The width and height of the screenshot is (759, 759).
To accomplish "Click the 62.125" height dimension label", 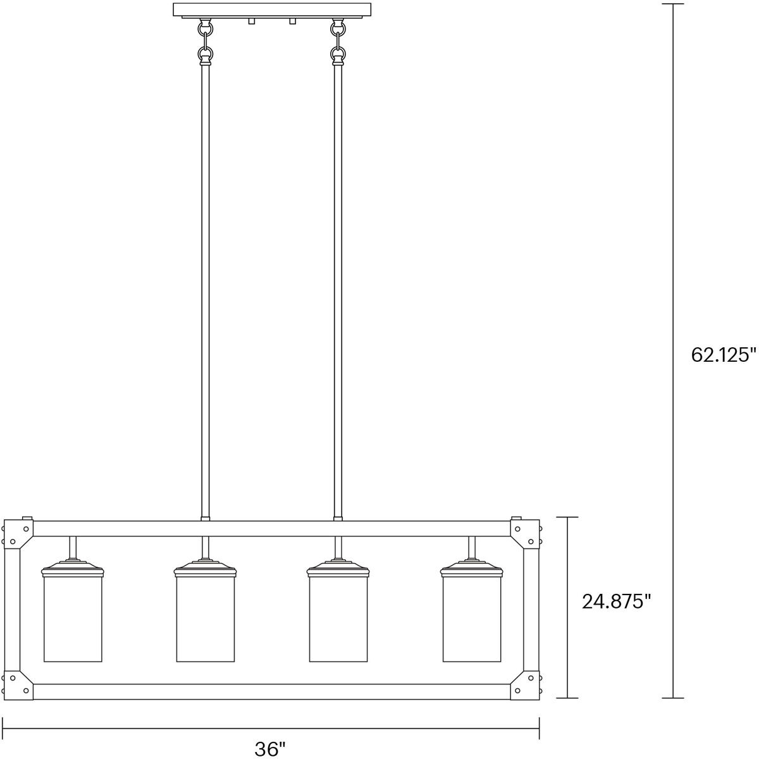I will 723,355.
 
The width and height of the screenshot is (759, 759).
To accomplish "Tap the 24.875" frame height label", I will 616,601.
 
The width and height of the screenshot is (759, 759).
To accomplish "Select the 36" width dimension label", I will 270,749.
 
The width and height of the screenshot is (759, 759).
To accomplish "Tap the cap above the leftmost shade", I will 73,569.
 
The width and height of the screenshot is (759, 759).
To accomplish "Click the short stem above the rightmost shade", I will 472,547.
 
